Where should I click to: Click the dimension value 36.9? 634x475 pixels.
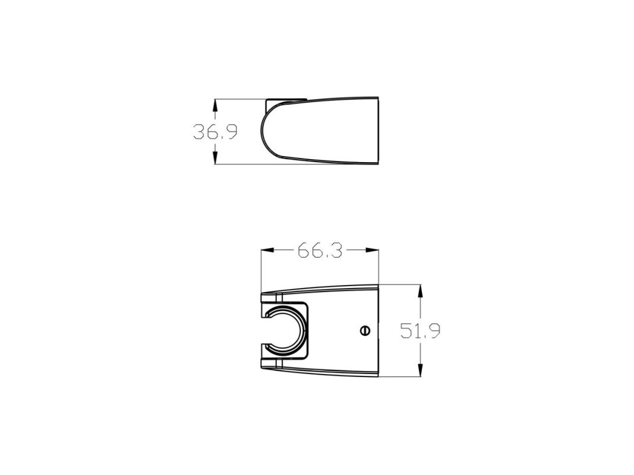[x=215, y=132]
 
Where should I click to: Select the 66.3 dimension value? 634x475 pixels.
[x=320, y=251]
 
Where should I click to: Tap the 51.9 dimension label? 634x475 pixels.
[x=420, y=331]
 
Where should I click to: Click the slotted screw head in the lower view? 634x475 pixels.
[x=365, y=331]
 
